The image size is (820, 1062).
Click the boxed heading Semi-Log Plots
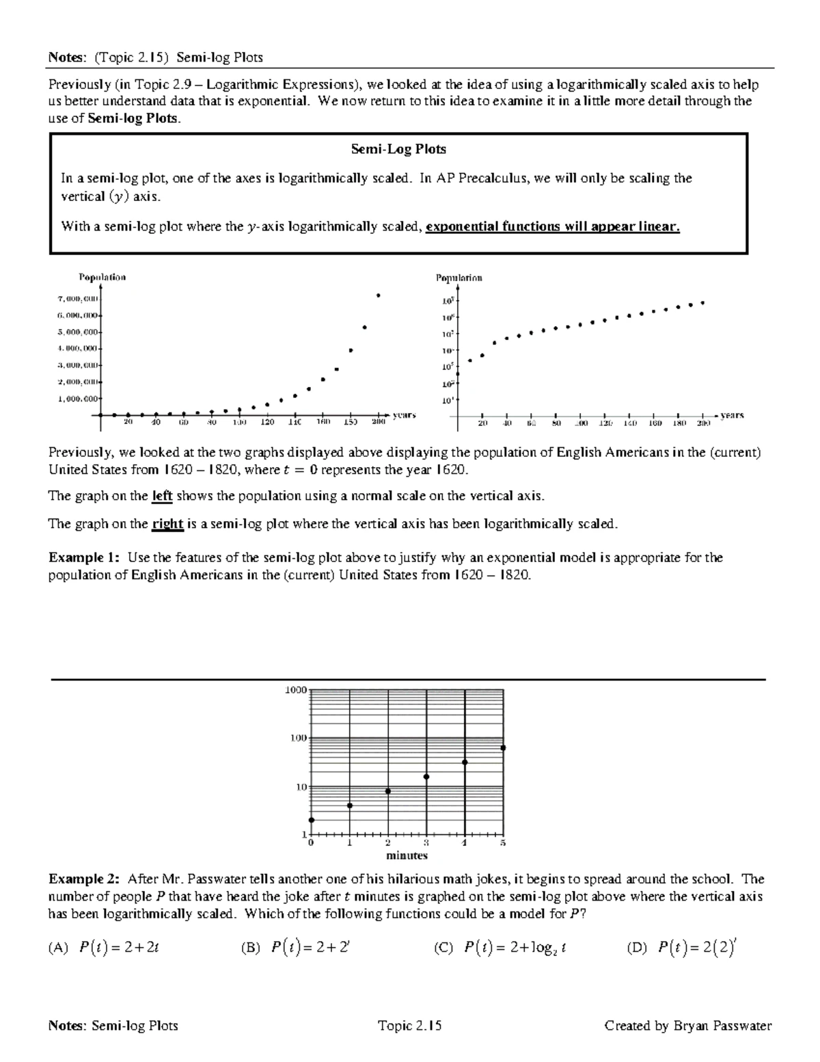click(398, 149)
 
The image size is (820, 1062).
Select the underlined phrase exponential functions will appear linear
click(552, 226)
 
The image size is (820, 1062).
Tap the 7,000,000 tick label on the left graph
click(78, 299)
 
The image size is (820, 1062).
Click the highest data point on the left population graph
click(378, 295)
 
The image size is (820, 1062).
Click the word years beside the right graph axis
click(732, 415)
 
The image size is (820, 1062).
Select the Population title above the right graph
click(459, 278)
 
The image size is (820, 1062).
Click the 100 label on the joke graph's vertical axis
click(297, 739)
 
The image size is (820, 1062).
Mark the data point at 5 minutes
click(504, 748)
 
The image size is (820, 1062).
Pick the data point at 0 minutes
click(312, 820)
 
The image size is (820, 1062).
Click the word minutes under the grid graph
click(407, 855)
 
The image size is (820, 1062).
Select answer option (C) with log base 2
click(501, 948)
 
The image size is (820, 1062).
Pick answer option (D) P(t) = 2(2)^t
click(681, 948)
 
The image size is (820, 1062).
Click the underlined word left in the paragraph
click(162, 496)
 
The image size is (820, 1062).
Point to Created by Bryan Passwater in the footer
click(687, 1026)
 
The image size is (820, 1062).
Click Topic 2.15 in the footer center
click(409, 1026)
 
